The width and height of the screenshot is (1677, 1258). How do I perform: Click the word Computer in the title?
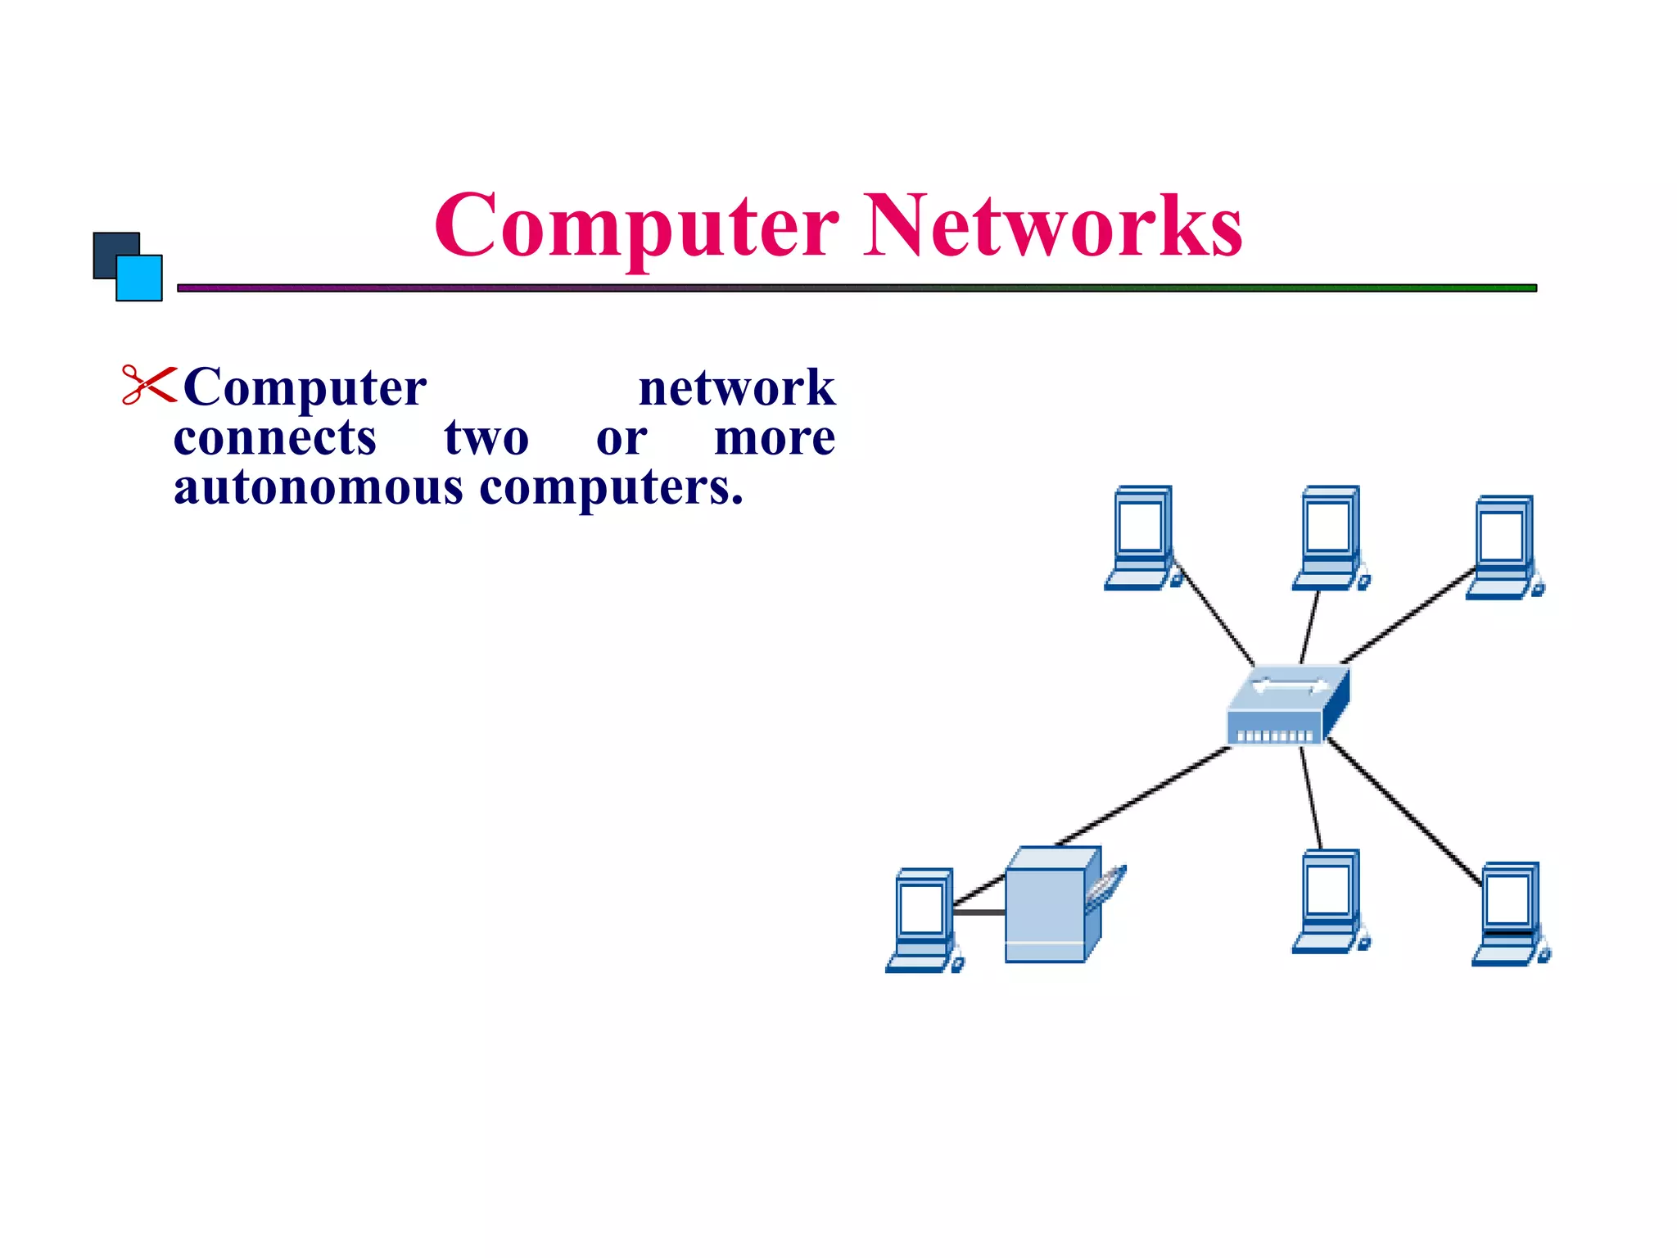[x=635, y=226]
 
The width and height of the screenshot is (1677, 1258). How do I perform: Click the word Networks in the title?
[x=1053, y=226]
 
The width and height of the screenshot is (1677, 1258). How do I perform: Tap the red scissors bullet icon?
[x=148, y=385]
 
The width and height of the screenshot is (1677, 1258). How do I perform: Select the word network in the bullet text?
[x=736, y=387]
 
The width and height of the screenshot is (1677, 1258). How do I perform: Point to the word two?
[x=486, y=437]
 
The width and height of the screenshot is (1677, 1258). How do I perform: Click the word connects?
[x=275, y=437]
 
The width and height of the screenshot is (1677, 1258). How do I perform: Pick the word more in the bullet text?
[x=774, y=437]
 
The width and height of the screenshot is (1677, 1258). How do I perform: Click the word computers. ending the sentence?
[x=611, y=488]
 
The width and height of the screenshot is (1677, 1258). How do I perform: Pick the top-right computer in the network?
[x=1503, y=547]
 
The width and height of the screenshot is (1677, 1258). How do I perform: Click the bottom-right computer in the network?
[x=1509, y=912]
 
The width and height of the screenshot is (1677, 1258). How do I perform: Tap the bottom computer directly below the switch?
[x=1329, y=901]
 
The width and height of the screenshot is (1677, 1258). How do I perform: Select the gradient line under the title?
[x=856, y=288]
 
